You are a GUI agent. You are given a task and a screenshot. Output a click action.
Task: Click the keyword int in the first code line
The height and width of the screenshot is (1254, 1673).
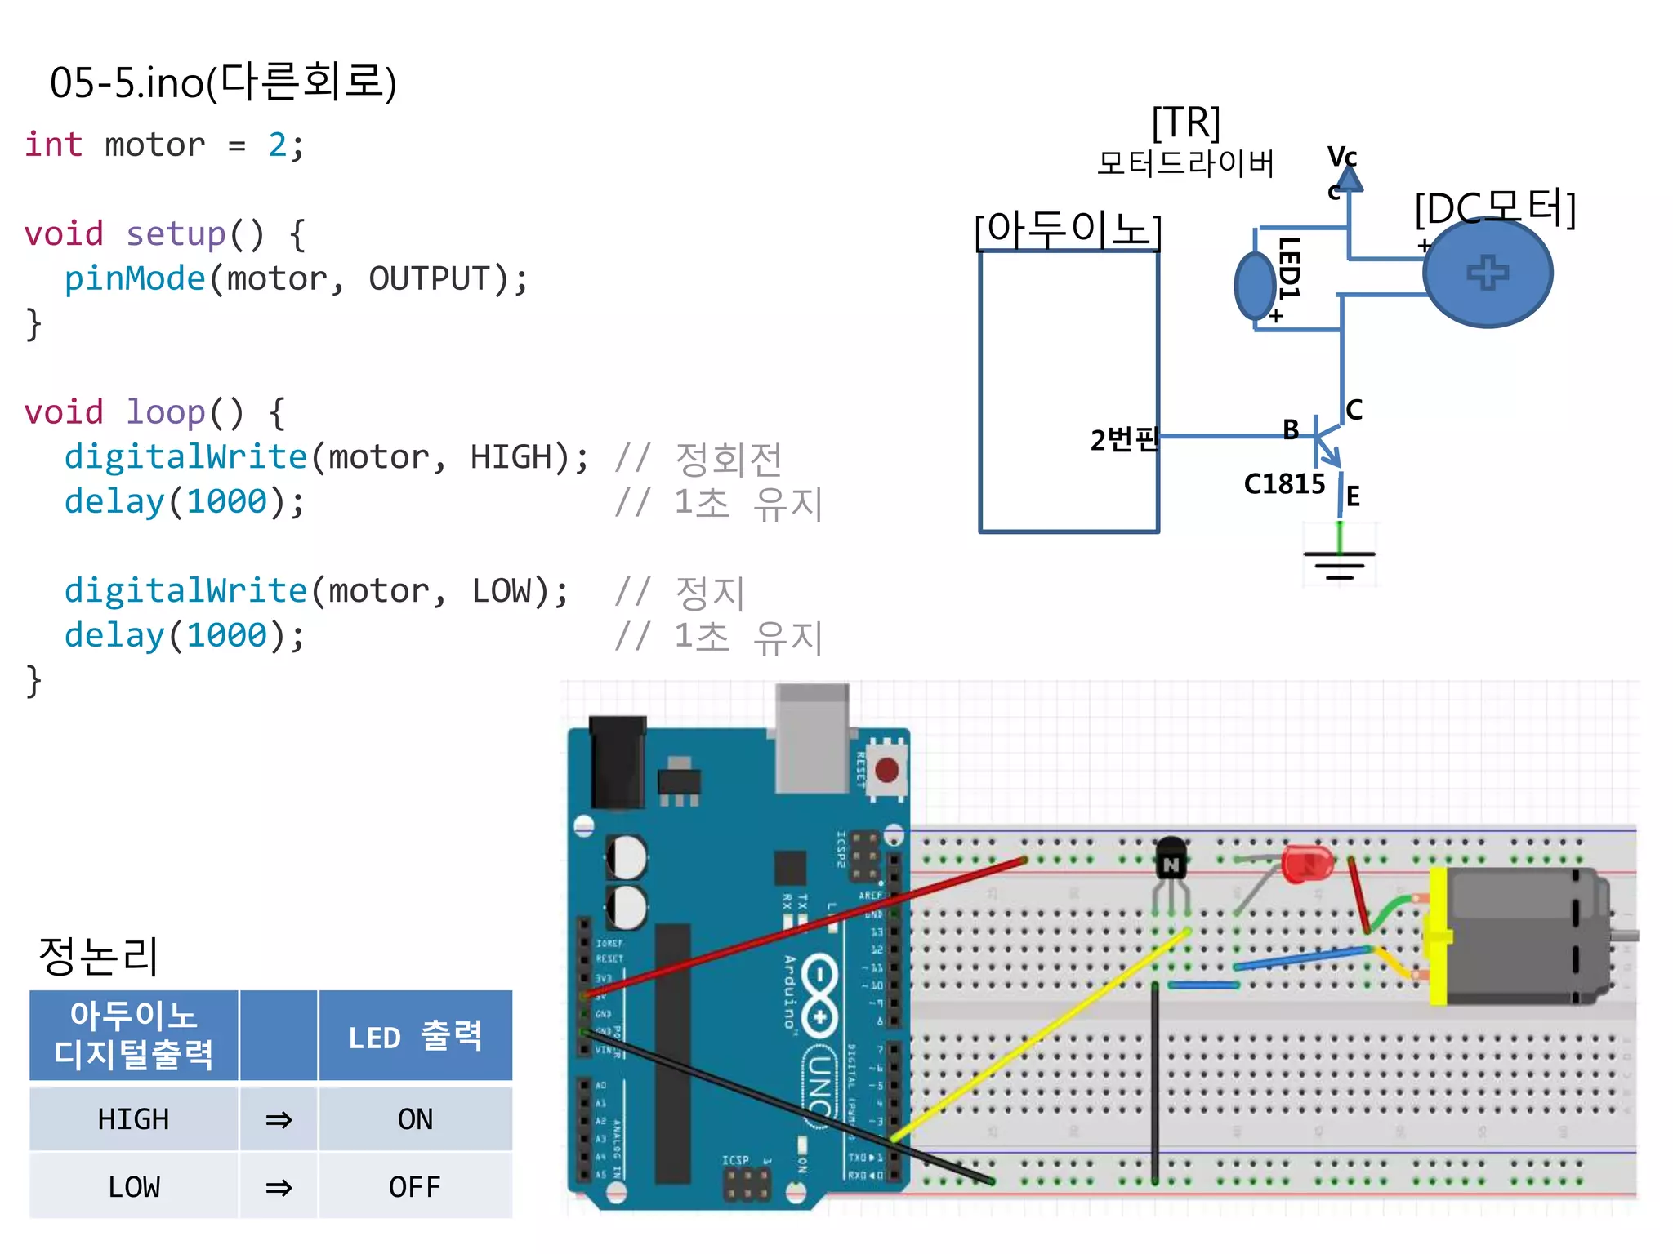pyautogui.click(x=53, y=145)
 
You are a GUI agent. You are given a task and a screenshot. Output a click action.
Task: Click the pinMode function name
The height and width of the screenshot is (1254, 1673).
pyautogui.click(x=134, y=278)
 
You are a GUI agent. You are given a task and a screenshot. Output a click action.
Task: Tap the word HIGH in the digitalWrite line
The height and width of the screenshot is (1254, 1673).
pyautogui.click(x=511, y=456)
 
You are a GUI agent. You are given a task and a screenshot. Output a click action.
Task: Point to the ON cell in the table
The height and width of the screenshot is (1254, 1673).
pyautogui.click(x=415, y=1118)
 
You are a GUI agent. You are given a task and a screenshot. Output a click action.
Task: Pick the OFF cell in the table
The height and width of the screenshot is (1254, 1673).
pyautogui.click(x=415, y=1186)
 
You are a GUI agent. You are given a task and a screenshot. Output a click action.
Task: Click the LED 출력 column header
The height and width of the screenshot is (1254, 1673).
pyautogui.click(x=415, y=1037)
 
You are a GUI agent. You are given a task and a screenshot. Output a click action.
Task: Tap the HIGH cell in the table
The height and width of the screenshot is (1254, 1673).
pyautogui.click(x=133, y=1118)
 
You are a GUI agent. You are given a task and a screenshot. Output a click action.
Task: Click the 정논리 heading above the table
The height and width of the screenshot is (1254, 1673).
pyautogui.click(x=98, y=955)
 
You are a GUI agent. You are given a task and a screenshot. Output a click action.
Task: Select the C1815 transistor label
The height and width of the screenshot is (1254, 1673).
pyautogui.click(x=1283, y=484)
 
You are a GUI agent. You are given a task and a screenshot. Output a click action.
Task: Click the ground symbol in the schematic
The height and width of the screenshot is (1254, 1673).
pyautogui.click(x=1339, y=561)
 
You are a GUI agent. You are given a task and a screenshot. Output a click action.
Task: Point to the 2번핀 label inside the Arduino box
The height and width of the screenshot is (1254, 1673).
pyautogui.click(x=1123, y=440)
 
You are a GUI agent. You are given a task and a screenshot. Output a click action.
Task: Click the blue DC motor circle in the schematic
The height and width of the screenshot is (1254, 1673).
pyautogui.click(x=1487, y=273)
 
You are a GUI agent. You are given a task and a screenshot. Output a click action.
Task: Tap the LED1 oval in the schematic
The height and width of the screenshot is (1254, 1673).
pyautogui.click(x=1255, y=286)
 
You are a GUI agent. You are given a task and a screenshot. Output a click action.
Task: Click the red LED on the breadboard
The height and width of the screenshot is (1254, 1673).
pyautogui.click(x=1306, y=864)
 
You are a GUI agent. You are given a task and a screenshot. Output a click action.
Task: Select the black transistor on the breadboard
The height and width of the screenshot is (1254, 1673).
pyautogui.click(x=1171, y=859)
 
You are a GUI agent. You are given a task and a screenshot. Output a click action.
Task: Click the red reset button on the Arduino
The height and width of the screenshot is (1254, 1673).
pyautogui.click(x=886, y=769)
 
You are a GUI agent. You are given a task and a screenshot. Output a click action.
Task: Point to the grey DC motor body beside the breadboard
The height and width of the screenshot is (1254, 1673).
pyautogui.click(x=1519, y=935)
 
